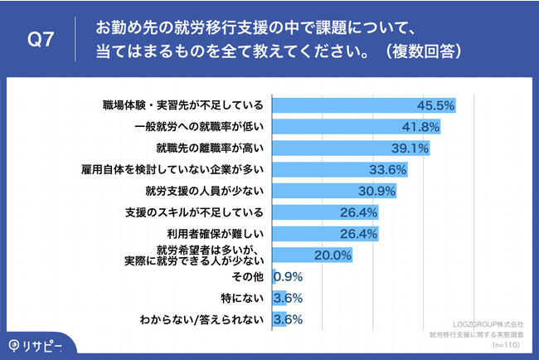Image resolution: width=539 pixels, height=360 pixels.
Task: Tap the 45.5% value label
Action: (436, 105)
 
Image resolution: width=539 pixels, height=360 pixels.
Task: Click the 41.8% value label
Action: (420, 127)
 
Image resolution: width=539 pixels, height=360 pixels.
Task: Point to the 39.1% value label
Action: (409, 148)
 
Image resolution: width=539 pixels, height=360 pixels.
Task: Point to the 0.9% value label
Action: (287, 276)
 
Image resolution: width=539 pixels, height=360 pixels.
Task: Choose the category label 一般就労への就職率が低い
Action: (199, 127)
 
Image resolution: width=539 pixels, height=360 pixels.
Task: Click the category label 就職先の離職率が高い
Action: (210, 148)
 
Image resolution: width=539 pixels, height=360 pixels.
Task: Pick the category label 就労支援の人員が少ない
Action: (204, 191)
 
